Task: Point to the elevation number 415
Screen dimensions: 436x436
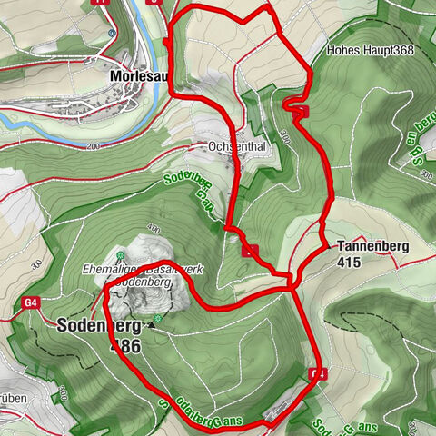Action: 348,263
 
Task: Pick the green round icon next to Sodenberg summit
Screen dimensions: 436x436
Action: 159,319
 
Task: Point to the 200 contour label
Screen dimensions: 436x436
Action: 92,146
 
